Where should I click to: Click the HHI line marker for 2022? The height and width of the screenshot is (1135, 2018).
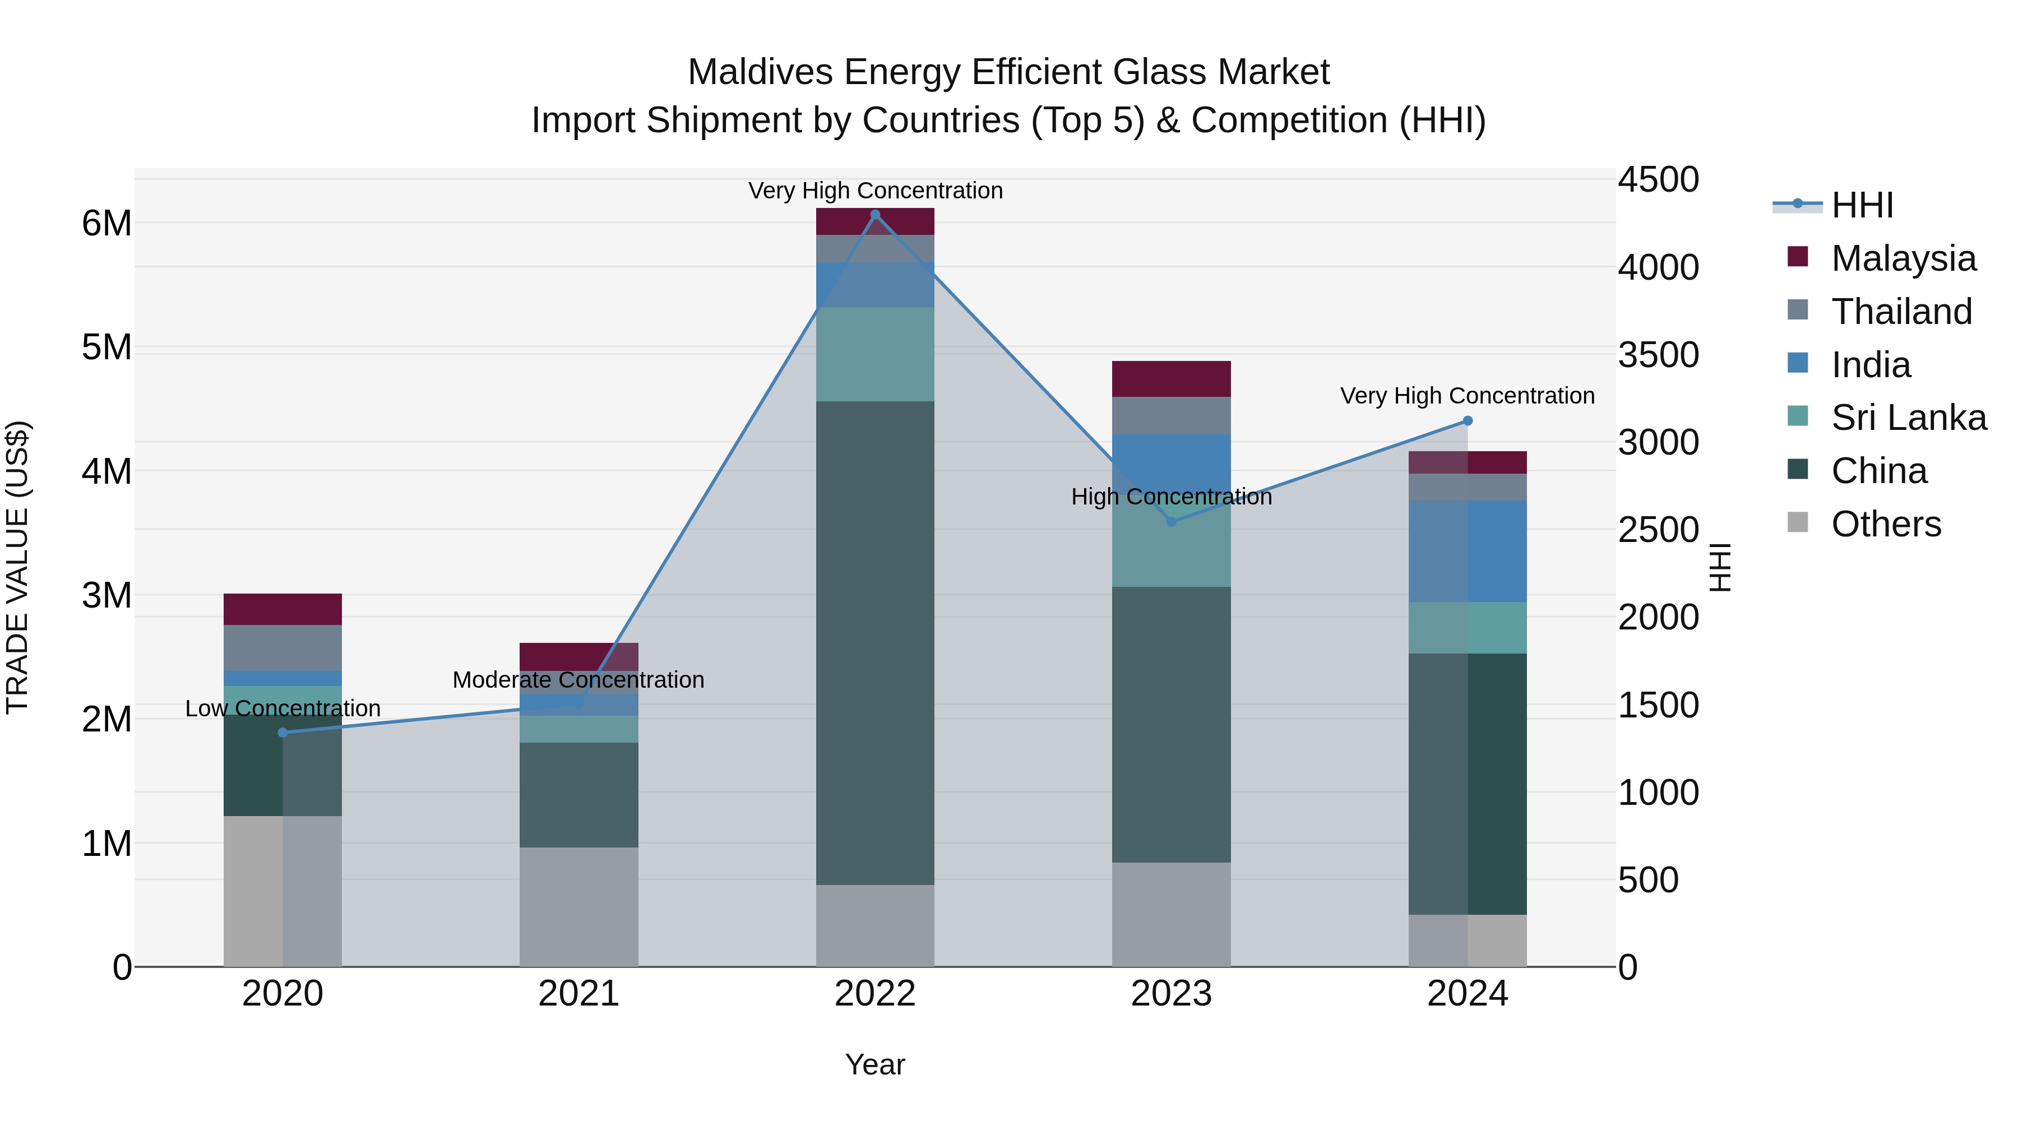click(875, 215)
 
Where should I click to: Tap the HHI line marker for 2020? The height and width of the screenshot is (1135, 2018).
click(283, 733)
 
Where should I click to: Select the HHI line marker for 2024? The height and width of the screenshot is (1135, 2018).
click(1468, 420)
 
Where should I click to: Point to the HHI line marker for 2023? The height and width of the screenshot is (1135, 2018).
click(1171, 522)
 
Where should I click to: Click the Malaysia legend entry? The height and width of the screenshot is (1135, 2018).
click(1903, 258)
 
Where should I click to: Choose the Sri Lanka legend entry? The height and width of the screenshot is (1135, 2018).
click(1908, 418)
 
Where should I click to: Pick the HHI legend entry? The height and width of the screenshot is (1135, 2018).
click(1861, 205)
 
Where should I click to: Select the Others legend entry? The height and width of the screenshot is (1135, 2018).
click(1886, 524)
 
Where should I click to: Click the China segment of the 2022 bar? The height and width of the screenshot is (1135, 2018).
click(875, 642)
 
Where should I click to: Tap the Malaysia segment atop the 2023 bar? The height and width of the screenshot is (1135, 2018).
click(1171, 379)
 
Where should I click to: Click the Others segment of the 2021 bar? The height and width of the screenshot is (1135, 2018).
click(579, 906)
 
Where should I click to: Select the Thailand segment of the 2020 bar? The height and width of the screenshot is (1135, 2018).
click(283, 648)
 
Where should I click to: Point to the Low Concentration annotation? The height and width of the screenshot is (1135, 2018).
click(283, 708)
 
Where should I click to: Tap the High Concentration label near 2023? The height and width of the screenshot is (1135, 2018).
click(1171, 497)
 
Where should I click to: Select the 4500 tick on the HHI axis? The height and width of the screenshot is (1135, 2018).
click(1658, 179)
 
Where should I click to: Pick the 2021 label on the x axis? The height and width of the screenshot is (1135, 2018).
click(579, 993)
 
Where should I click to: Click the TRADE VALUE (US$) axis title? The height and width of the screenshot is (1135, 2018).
click(17, 567)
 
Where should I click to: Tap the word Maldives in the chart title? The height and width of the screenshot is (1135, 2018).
click(759, 72)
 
